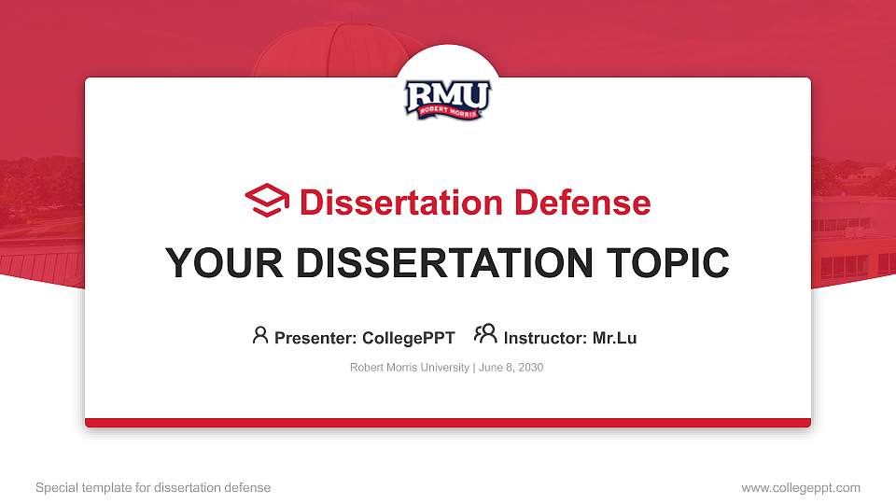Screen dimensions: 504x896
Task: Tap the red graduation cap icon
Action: (x=267, y=202)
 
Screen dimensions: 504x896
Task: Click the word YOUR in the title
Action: (x=212, y=263)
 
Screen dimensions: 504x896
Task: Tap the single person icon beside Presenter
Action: (x=260, y=335)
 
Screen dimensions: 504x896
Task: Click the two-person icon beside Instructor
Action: (x=485, y=335)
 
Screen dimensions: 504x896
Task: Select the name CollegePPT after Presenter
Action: (x=408, y=338)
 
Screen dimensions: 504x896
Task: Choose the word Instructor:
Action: (x=546, y=338)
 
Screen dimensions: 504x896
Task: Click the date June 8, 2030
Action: (x=511, y=368)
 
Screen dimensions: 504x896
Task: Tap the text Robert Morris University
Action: (x=410, y=368)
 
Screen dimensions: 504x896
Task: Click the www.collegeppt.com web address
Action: (x=801, y=487)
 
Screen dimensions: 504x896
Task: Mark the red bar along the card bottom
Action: (x=448, y=423)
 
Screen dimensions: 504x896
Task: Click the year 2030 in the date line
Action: (x=530, y=368)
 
